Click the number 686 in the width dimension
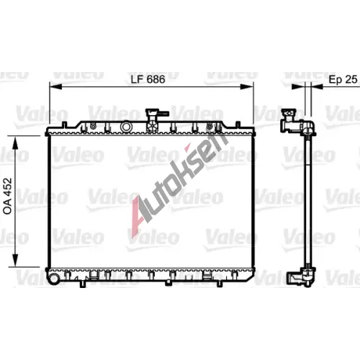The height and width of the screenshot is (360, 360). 156,79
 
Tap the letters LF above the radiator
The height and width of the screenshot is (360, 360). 137,79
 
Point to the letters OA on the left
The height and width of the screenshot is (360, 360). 7,207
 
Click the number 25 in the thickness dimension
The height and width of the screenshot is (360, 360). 352,79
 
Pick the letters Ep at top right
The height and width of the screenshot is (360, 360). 336,80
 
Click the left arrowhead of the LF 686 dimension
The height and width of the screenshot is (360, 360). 55,86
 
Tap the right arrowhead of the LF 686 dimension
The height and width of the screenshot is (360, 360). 247,86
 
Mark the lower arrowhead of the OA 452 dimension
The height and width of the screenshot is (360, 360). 15,260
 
